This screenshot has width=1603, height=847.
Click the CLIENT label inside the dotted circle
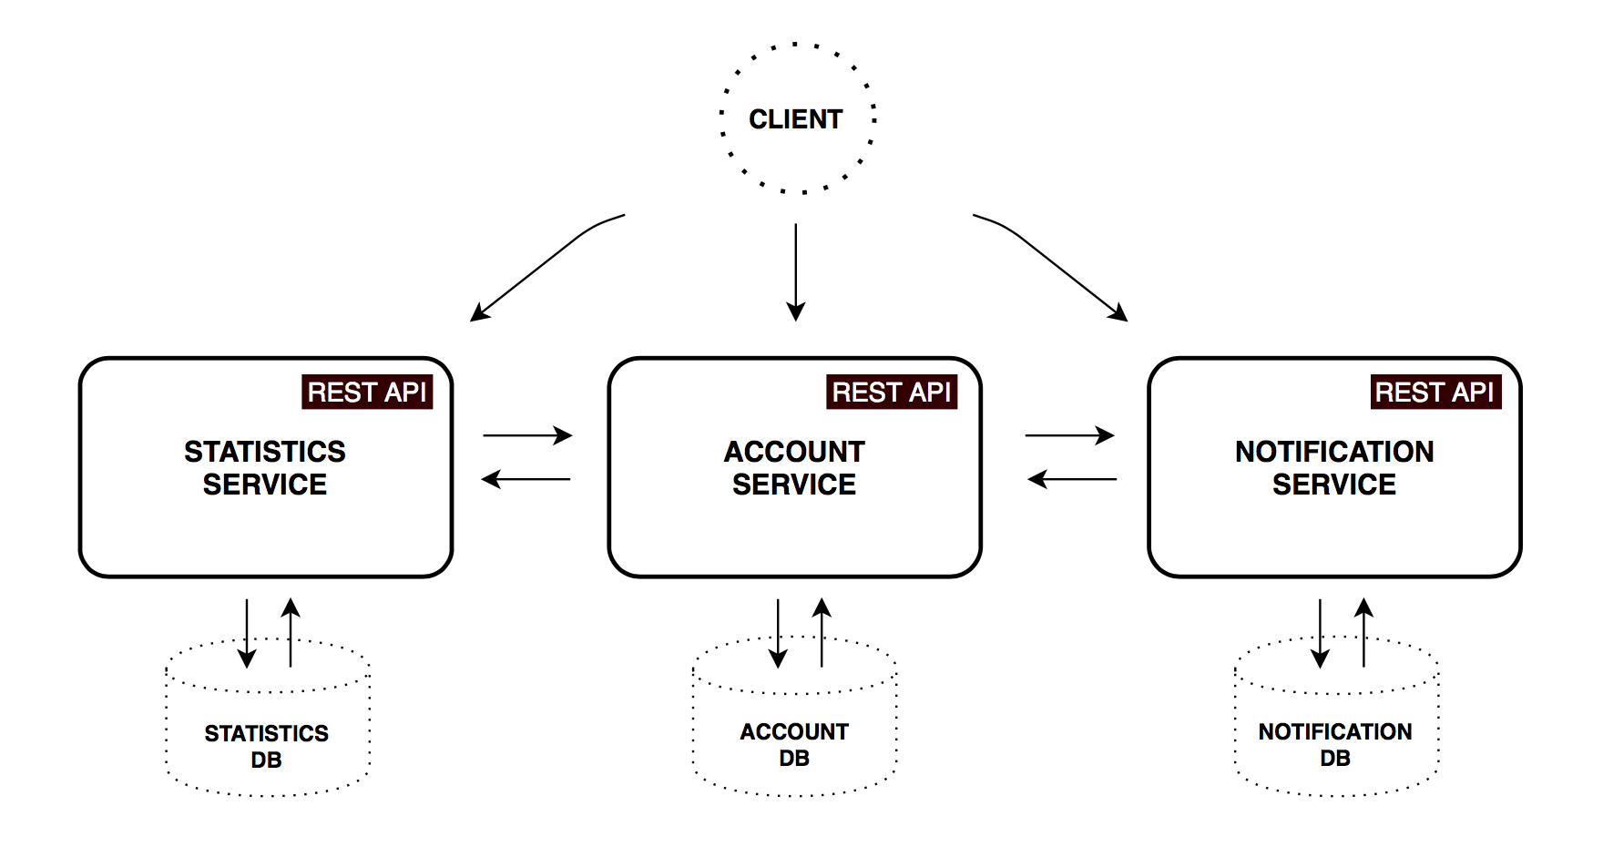795,119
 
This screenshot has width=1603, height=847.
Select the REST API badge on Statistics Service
367,392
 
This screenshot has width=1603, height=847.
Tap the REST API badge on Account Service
892,392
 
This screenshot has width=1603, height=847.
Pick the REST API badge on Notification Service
1435,392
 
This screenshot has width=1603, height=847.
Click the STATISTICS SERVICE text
265,468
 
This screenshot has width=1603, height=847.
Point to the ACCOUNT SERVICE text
794,468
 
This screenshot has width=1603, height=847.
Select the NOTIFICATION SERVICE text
1334,468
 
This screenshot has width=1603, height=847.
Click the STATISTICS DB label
266,746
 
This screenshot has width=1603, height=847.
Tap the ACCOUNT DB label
794,744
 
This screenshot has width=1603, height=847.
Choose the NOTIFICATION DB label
1335,744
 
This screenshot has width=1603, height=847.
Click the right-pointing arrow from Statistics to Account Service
526,435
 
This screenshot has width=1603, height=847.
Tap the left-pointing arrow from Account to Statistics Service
526,479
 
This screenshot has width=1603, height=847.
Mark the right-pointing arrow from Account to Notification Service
1069,435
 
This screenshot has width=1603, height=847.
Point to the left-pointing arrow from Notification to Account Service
1072,479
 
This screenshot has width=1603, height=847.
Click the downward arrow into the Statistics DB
247,633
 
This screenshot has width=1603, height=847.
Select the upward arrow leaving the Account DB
822,633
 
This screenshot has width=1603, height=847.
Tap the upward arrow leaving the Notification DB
1363,633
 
